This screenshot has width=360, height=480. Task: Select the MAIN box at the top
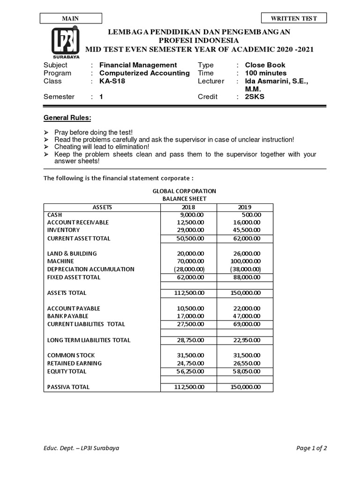coord(71,18)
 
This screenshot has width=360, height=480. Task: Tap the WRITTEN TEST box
coord(294,18)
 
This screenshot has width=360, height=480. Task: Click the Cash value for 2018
coord(189,214)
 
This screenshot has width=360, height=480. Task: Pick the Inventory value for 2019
coord(247,230)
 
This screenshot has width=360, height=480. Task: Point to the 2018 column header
coord(187,207)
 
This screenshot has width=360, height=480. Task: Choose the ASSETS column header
coord(102,207)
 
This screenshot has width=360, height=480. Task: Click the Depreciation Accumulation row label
coord(91,269)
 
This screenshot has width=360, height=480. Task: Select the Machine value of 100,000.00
coord(246,261)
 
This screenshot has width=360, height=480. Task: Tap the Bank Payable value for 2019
coord(247,316)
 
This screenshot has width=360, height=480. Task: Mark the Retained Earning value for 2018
coord(189,363)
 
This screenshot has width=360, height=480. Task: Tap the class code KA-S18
coord(112,81)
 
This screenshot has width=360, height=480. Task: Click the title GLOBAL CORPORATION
coord(184,191)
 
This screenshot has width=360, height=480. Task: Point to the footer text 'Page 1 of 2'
coord(312,448)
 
